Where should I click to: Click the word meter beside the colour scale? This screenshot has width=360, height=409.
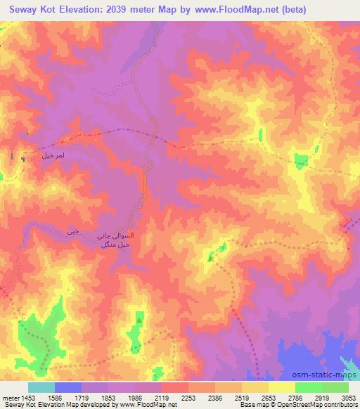click(x=10, y=397)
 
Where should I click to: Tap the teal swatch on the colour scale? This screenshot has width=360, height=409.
click(x=41, y=387)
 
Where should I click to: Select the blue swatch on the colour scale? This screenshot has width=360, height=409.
click(x=68, y=387)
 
